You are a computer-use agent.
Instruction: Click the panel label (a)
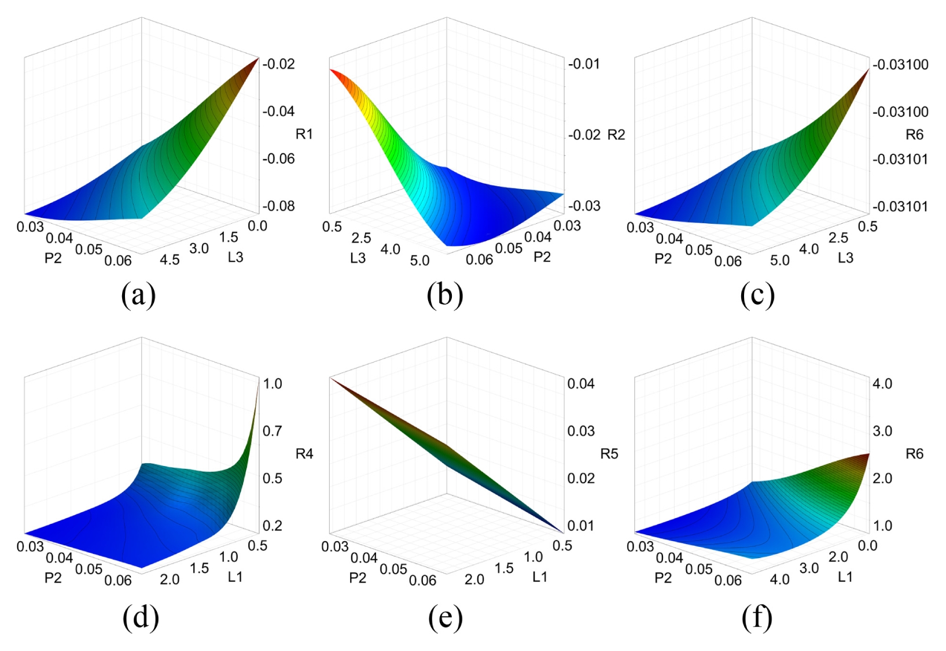point(138,295)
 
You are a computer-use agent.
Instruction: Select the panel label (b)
point(445,295)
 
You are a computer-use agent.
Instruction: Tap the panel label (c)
point(757,295)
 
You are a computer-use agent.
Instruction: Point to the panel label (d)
point(141,617)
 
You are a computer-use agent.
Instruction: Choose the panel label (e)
point(445,617)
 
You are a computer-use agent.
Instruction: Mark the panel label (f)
point(757,617)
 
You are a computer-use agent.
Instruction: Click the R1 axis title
point(304,134)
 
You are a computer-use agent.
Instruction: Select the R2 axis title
point(616,135)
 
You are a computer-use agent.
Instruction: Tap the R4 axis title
point(304,453)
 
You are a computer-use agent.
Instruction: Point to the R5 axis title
point(609,453)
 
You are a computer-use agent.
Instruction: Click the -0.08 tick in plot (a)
point(278,206)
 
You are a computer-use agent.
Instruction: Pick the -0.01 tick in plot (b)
point(584,64)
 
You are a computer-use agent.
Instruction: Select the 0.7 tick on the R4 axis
point(273,431)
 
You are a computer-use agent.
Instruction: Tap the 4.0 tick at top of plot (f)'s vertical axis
point(882,383)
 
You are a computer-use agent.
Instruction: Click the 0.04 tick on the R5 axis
point(581,383)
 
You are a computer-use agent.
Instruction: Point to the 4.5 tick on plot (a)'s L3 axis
point(170,260)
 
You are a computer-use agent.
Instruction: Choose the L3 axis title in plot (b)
point(358,258)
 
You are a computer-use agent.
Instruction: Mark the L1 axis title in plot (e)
point(539,577)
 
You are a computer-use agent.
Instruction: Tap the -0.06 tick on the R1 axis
point(278,158)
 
